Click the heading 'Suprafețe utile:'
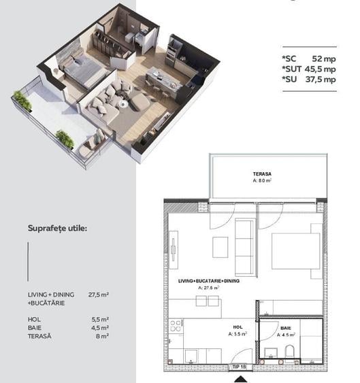tap(58, 227)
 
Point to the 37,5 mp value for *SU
tap(321, 79)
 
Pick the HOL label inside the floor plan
tap(238, 327)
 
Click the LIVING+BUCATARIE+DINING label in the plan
tap(209, 280)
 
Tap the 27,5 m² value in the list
tap(99, 295)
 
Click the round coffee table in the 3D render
tap(123, 104)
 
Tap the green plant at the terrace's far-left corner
tap(22, 101)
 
